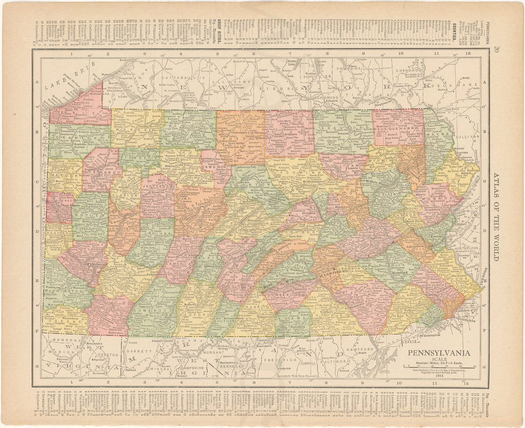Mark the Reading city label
pos(400,273)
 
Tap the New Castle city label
pos(60,206)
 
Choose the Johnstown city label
pos(156,274)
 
